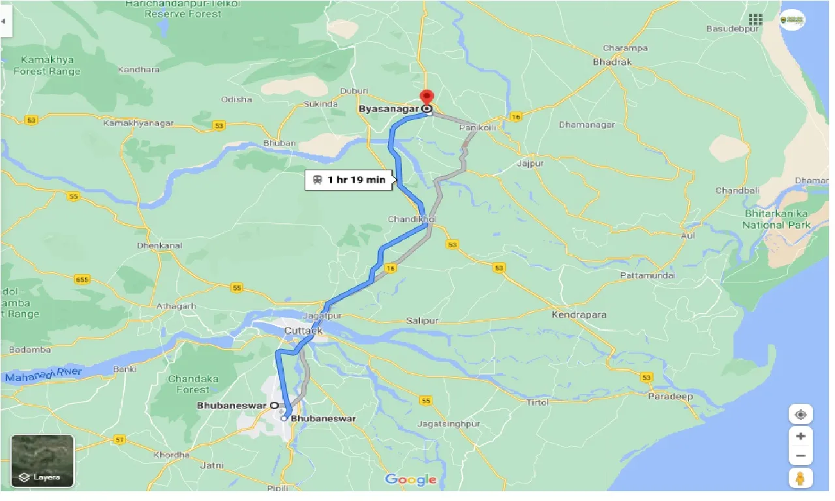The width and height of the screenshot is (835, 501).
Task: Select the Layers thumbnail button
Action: [42, 461]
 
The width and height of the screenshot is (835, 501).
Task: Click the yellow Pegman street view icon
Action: [800, 478]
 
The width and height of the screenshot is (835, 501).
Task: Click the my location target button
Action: [800, 414]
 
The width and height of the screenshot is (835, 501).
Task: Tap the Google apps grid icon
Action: [755, 20]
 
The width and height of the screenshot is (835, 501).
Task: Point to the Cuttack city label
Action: [303, 331]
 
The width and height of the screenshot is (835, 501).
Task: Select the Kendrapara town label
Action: [579, 315]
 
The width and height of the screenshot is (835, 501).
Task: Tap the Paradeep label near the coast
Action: [671, 397]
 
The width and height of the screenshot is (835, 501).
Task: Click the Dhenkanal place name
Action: [160, 246]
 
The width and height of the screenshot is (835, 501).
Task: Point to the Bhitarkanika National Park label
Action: [777, 219]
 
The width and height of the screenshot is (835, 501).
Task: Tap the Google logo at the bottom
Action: [411, 480]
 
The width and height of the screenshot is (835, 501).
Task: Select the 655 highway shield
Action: [82, 280]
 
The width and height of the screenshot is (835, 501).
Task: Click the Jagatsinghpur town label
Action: [449, 424]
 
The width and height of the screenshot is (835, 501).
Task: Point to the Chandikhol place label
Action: [412, 219]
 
